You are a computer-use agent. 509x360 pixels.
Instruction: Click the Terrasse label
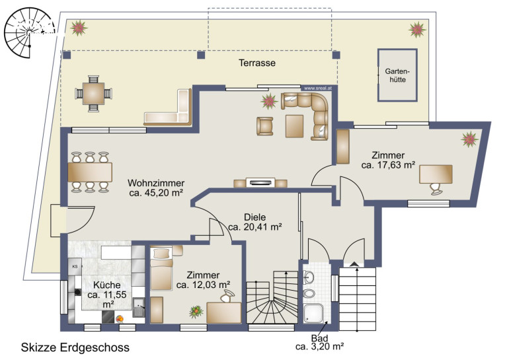coord(257,63)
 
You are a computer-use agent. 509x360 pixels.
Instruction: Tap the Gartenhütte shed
coord(397,75)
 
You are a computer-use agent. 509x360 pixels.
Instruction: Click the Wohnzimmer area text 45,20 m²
coord(156,193)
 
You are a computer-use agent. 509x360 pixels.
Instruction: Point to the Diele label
coord(255,217)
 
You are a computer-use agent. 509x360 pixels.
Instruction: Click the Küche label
coord(107,285)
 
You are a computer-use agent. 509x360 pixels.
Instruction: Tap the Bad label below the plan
coord(319,338)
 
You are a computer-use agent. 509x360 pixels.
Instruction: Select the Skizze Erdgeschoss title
coord(75,347)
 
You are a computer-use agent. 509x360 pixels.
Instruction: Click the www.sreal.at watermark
coord(318,88)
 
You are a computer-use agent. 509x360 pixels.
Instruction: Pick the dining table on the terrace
coord(93,93)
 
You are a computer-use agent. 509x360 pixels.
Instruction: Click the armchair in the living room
coord(264,126)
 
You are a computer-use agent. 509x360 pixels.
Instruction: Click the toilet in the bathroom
coord(309,294)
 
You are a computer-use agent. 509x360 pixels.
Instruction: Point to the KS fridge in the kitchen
coord(75,267)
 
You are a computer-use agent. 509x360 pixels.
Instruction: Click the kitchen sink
coord(139,307)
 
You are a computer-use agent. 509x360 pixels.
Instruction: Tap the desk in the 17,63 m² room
coord(436,174)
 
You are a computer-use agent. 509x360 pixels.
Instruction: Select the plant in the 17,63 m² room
coord(469,139)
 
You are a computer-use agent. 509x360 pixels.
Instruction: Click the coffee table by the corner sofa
coord(294,126)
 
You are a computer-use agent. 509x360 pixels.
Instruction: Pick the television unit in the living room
coord(260,182)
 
